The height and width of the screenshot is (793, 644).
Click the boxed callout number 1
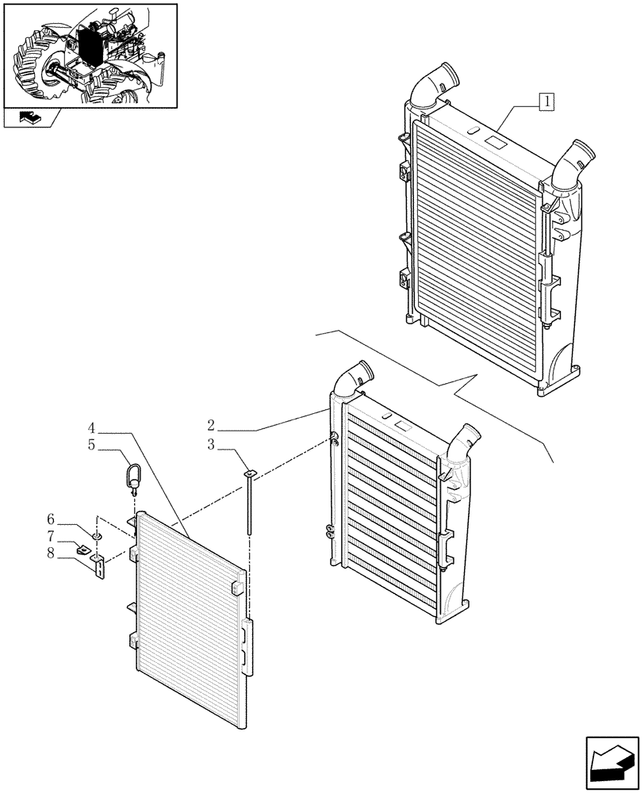pyautogui.click(x=546, y=101)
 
